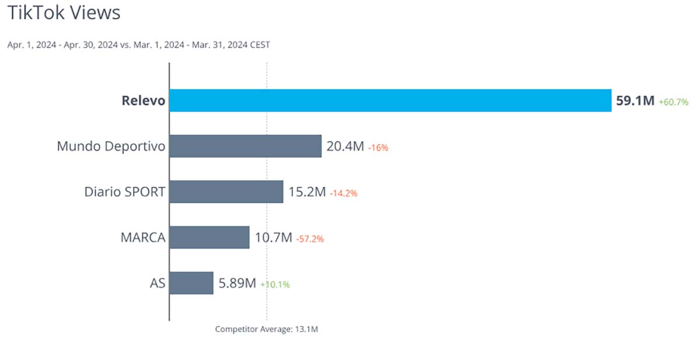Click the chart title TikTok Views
(x=64, y=13)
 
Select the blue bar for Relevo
(x=390, y=100)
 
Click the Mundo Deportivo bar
(x=246, y=146)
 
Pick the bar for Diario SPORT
(x=226, y=191)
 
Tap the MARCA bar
(x=209, y=237)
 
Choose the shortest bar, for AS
(x=191, y=283)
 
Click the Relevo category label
(x=143, y=101)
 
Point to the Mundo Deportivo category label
(x=111, y=146)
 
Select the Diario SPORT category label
(x=124, y=192)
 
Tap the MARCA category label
(x=143, y=237)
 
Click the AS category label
(x=157, y=284)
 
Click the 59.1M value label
(x=635, y=101)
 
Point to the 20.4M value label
(x=345, y=146)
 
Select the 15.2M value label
(x=307, y=192)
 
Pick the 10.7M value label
(x=273, y=237)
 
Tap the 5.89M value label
(x=237, y=284)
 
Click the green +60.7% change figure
(x=674, y=102)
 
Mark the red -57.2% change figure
(x=310, y=239)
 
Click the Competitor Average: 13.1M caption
(x=267, y=329)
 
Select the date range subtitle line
(x=139, y=45)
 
